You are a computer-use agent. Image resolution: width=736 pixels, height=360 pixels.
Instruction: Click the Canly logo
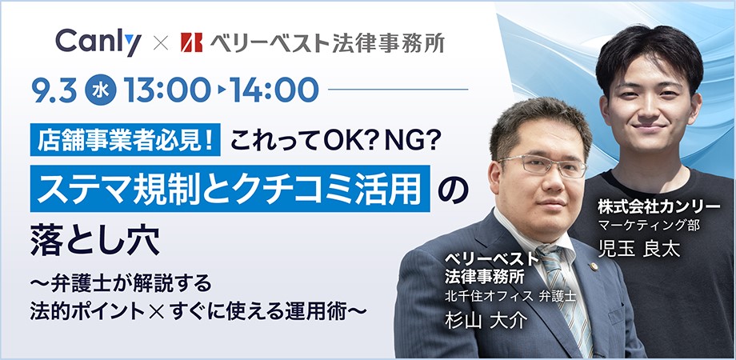[98, 42]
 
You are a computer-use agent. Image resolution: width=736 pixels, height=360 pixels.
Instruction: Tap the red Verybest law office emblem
[191, 42]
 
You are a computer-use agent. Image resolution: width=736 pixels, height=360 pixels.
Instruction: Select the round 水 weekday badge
[101, 90]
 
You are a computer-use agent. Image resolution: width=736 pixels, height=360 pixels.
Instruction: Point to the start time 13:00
[167, 90]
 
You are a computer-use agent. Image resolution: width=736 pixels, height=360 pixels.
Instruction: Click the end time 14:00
[274, 90]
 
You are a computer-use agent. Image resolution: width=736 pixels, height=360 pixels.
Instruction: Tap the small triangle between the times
[221, 90]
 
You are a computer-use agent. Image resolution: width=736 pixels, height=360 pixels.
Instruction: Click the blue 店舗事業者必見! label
[126, 140]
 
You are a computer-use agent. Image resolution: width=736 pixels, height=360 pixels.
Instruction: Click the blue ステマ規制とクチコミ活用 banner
[230, 188]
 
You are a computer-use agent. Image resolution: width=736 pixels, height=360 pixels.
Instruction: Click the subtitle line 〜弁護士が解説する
[121, 285]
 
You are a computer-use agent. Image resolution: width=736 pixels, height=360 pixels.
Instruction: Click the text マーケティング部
[649, 226]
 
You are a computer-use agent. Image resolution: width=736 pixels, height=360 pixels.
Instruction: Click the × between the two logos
[161, 43]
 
